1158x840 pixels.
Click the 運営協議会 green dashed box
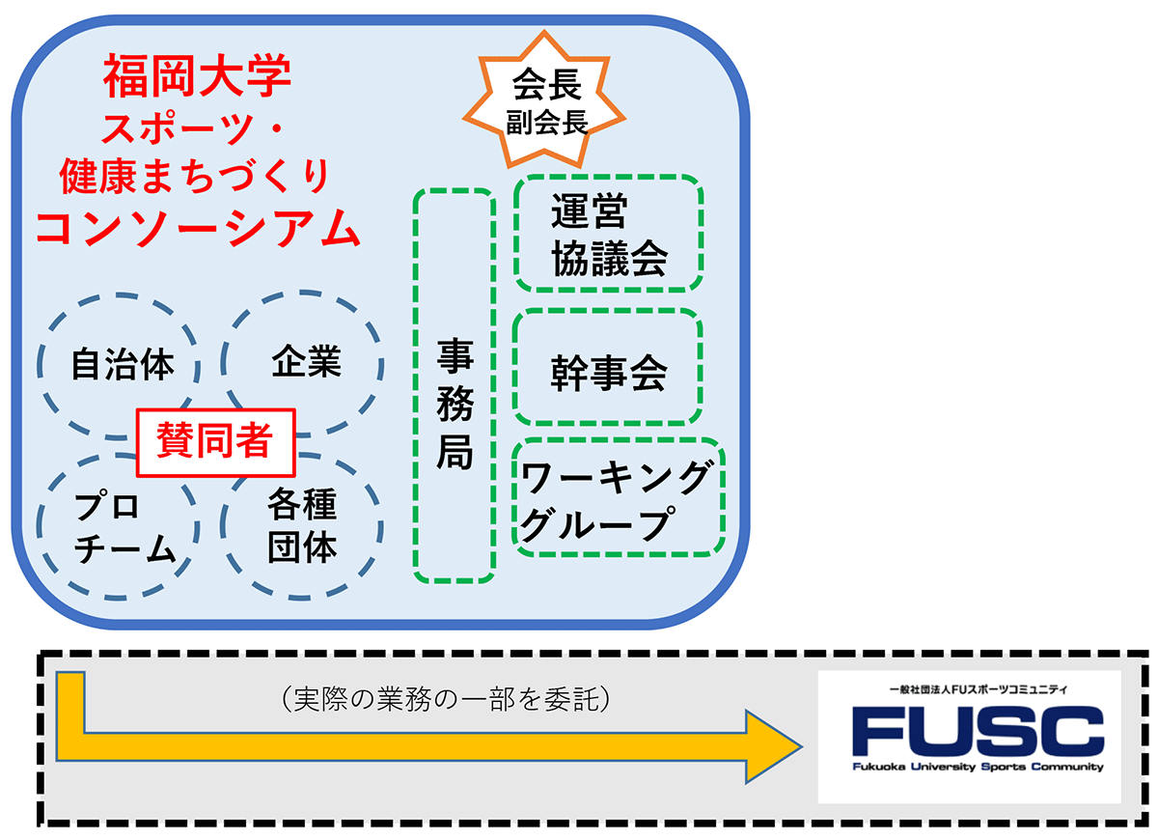[609, 234]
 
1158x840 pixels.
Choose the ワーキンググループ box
[619, 498]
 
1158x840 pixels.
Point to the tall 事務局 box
[455, 386]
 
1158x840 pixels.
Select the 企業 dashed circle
[306, 362]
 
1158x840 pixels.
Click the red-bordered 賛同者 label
[213, 442]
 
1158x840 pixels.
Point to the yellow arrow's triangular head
[772, 745]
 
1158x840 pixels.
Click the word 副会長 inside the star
[547, 120]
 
